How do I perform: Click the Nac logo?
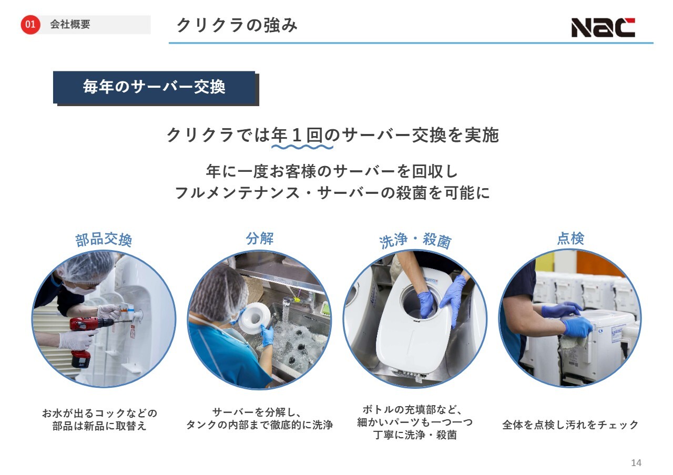tap(603, 27)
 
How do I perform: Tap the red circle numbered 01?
tap(30, 24)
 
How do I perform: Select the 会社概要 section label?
tap(70, 24)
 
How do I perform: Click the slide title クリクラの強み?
tap(237, 25)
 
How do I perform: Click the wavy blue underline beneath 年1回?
tap(302, 147)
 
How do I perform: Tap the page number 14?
tap(636, 463)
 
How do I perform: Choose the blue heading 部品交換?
tap(104, 240)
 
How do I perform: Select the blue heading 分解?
tap(260, 239)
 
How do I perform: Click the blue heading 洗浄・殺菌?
tap(415, 240)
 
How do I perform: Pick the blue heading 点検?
tap(570, 239)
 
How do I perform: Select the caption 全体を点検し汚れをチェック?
tap(570, 425)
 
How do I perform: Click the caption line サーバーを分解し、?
tap(257, 412)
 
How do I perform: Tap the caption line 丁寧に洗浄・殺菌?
tap(415, 435)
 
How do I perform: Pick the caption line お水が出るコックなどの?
tap(99, 414)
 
